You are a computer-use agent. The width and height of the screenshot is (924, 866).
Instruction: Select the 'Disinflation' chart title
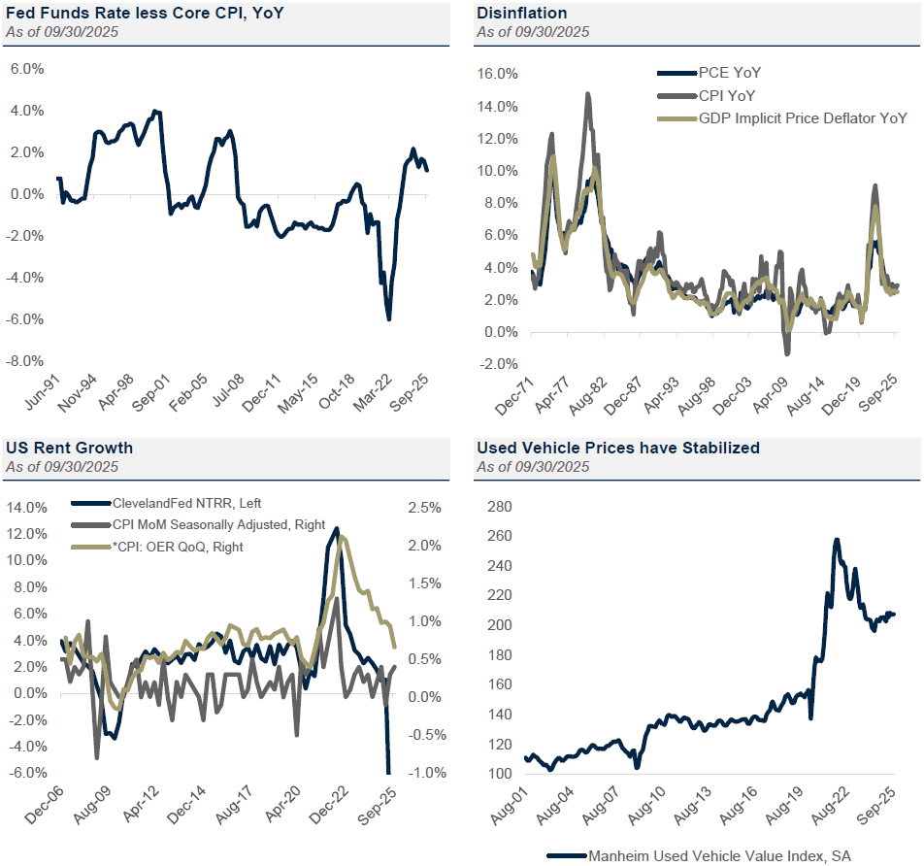click(521, 13)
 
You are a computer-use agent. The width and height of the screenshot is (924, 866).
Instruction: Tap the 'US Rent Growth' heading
click(69, 448)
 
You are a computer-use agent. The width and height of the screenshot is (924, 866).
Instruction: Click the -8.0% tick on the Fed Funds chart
click(26, 361)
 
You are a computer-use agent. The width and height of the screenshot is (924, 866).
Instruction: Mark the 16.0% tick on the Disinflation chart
click(498, 74)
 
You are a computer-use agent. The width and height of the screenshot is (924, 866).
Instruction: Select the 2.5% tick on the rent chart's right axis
click(423, 508)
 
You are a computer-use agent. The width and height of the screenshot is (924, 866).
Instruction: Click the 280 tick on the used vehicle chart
click(497, 507)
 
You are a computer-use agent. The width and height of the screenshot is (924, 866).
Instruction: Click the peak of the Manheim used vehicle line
click(837, 540)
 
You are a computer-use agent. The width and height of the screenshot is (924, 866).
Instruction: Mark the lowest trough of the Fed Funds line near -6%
click(389, 318)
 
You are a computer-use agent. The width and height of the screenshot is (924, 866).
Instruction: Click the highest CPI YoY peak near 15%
click(587, 93)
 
